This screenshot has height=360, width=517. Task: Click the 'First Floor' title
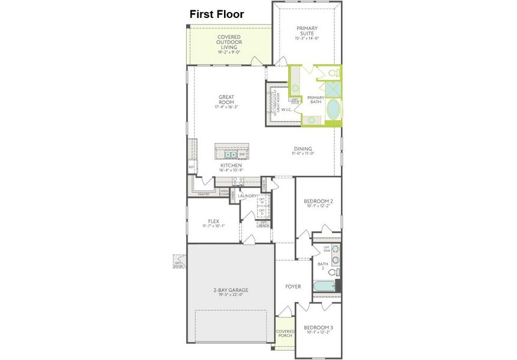(217, 14)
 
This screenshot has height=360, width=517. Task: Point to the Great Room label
(226, 97)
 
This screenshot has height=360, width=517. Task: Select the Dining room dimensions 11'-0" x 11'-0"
(303, 154)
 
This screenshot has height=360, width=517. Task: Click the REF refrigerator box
(192, 167)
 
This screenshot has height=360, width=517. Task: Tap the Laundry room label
(247, 196)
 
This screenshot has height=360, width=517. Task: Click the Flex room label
(213, 221)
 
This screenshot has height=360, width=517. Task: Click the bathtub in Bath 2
(324, 286)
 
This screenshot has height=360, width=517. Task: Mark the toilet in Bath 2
(336, 272)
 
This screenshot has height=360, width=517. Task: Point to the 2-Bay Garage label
(231, 290)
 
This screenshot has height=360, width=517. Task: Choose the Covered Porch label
(285, 333)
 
